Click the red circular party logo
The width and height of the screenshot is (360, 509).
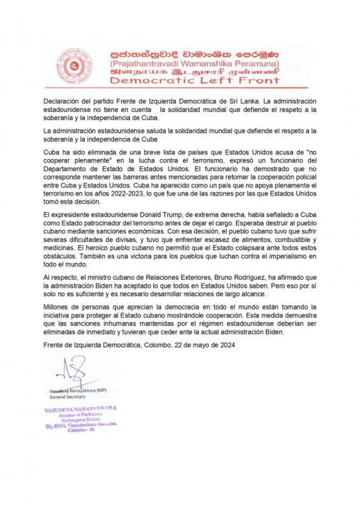click(x=74, y=66)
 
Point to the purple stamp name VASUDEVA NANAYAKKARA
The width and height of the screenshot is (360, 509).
click(x=80, y=408)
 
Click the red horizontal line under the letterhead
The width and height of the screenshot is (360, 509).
click(x=176, y=88)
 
